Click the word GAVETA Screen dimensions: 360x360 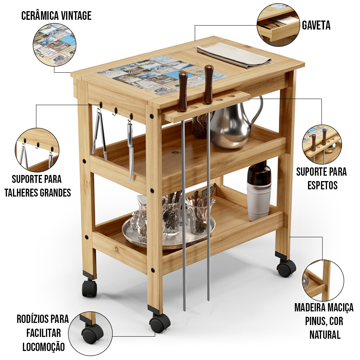[x=316, y=25]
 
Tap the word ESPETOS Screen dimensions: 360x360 [x=322, y=185]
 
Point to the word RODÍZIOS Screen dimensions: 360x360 [x=33, y=319]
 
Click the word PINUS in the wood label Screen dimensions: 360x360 [x=315, y=321]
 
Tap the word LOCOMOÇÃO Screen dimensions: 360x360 [x=44, y=347]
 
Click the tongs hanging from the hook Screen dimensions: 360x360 [x=100, y=134]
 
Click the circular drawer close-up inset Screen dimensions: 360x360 [x=278, y=25]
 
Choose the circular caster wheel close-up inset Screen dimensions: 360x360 [x=90, y=333]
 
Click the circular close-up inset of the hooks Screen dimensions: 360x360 [x=37, y=150]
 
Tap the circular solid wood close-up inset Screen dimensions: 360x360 [x=323, y=280]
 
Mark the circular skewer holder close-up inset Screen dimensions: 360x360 [x=322, y=144]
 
